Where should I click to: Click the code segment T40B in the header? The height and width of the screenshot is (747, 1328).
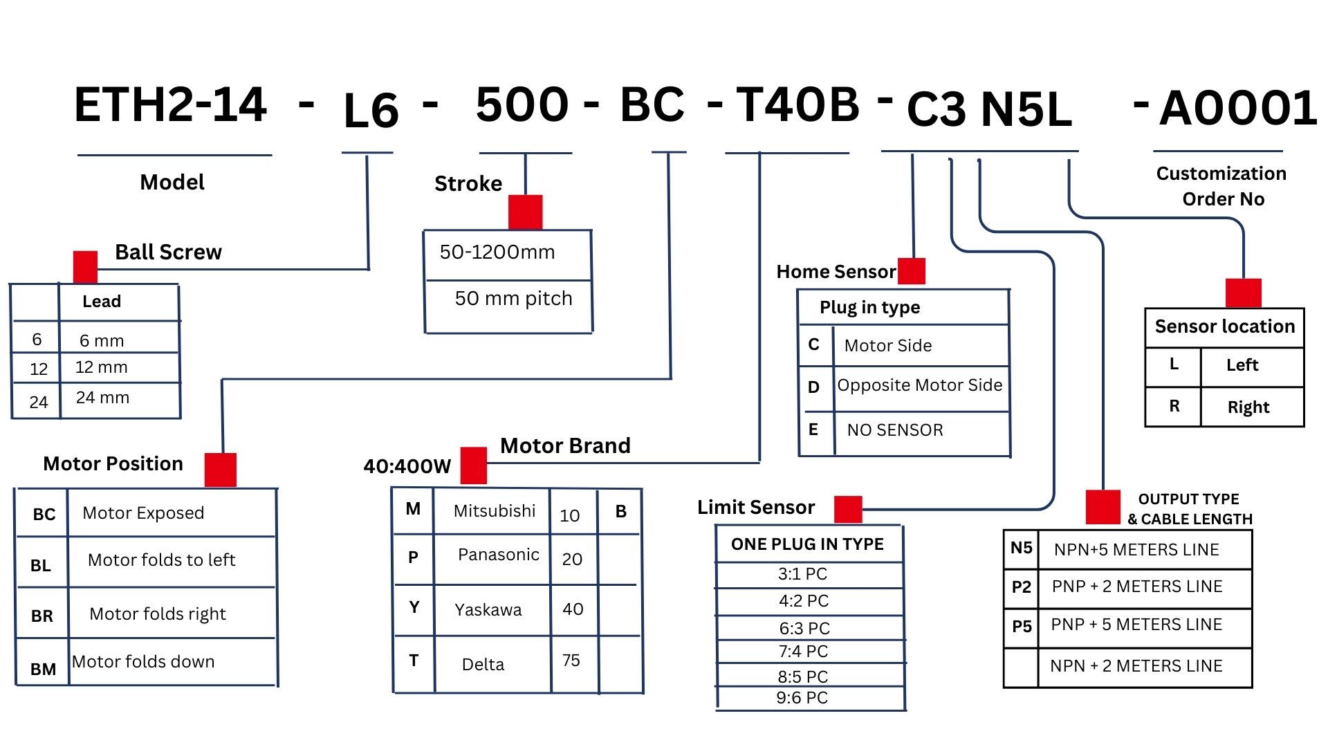797,104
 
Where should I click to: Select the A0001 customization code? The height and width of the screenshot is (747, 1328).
1238,109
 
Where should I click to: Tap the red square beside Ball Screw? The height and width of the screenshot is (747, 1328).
85,266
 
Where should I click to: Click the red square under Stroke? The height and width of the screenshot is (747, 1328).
525,212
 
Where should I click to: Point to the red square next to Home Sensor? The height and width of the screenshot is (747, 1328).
911,270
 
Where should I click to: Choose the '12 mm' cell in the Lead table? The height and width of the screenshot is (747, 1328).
102,367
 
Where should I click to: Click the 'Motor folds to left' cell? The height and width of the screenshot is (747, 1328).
161,560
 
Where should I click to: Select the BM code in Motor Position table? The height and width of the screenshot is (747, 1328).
43,669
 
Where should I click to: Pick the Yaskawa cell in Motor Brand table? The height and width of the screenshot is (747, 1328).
488,609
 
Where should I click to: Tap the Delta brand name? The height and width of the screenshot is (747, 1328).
483,665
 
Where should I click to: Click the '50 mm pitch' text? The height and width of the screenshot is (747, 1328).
514,298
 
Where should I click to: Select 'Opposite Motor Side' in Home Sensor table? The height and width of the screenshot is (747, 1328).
920,385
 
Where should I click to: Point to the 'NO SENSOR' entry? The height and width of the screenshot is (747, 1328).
895,430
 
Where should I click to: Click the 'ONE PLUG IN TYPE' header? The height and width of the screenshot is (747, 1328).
807,544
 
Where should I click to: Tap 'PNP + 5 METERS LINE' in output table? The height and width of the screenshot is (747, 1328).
1136,625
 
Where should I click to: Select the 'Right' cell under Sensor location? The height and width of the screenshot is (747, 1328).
1248,407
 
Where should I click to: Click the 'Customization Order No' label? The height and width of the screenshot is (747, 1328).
1221,186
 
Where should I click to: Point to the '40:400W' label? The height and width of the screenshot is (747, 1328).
407,466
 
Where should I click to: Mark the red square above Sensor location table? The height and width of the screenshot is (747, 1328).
1243,293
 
